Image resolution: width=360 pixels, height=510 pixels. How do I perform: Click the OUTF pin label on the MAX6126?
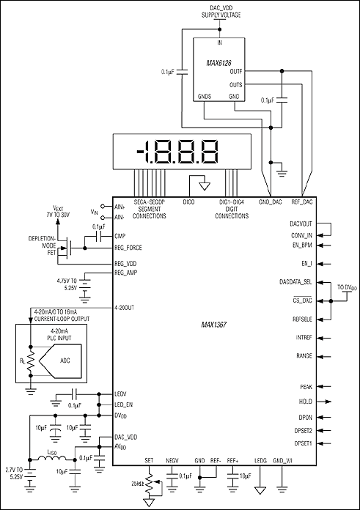(236, 71)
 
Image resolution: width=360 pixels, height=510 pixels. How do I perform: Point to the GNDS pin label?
(205, 96)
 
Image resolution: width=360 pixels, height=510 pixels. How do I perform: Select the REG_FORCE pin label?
(130, 248)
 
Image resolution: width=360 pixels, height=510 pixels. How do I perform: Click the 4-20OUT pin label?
(126, 308)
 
